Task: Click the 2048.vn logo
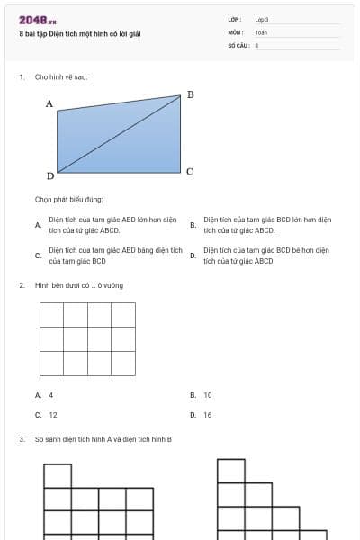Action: [38, 20]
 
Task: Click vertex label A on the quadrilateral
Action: [49, 104]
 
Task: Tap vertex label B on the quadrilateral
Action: [190, 94]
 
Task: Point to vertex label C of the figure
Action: [190, 171]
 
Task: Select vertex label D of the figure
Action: [50, 176]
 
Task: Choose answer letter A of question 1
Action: [38, 224]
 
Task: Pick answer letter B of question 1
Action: [193, 224]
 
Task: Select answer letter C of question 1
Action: [38, 256]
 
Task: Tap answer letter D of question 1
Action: [193, 256]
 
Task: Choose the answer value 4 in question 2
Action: [51, 395]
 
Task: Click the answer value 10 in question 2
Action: [208, 395]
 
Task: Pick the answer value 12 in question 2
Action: [53, 415]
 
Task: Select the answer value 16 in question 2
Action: [208, 415]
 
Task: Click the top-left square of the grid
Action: [51, 315]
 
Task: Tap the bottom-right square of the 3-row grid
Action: [123, 363]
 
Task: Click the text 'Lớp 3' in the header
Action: [262, 19]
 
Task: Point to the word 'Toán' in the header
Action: [261, 31]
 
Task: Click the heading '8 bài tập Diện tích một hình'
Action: [80, 34]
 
